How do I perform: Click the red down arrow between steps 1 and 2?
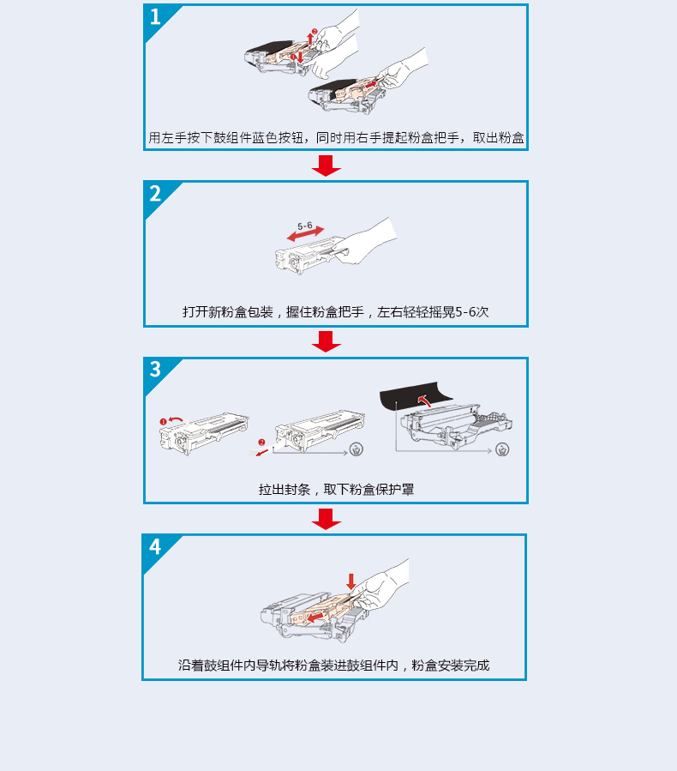(x=327, y=166)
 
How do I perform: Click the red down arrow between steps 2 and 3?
(x=327, y=341)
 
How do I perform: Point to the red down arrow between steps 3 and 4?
(x=327, y=519)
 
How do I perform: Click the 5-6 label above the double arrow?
(x=304, y=226)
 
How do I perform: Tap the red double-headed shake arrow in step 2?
(x=306, y=233)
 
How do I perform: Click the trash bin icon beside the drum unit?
(x=502, y=449)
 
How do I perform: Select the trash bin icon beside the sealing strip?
(x=356, y=449)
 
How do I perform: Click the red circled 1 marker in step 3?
(x=163, y=421)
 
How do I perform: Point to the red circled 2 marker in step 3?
(x=261, y=442)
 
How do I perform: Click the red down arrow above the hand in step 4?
(x=350, y=581)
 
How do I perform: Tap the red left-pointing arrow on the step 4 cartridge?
(x=315, y=617)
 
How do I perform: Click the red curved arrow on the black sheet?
(x=424, y=400)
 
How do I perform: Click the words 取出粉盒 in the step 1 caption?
(x=498, y=138)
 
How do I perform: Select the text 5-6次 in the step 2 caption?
(x=472, y=311)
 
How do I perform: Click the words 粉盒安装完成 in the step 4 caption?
(x=451, y=666)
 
